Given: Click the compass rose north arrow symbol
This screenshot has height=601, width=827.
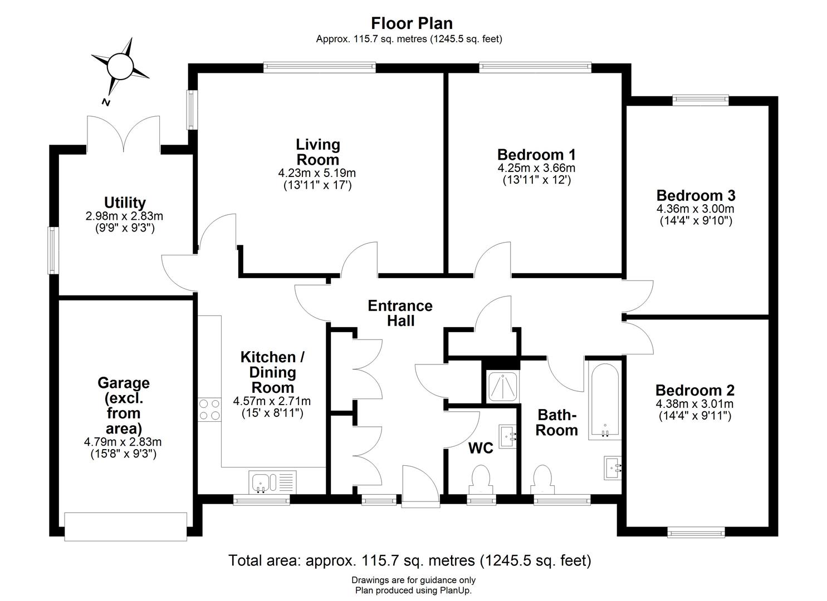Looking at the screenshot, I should pyautogui.click(x=120, y=67).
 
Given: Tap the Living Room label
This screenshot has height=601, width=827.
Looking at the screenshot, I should pyautogui.click(x=317, y=152).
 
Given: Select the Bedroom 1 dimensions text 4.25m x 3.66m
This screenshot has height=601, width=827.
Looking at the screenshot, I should pyautogui.click(x=536, y=168).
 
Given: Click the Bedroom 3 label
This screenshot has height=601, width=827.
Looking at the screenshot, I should pyautogui.click(x=696, y=195).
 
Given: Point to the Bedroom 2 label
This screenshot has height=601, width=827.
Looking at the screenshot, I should pyautogui.click(x=694, y=390).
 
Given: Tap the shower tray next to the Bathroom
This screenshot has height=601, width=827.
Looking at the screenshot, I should pyautogui.click(x=502, y=385).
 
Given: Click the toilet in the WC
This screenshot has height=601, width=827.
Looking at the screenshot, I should pyautogui.click(x=481, y=480).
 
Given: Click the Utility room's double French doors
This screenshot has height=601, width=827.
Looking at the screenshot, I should pyautogui.click(x=124, y=134).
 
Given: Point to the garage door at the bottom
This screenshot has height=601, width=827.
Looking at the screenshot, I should pyautogui.click(x=126, y=526).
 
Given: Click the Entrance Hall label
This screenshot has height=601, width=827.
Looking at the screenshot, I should pyautogui.click(x=400, y=313).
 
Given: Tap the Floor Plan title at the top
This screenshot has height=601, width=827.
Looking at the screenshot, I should pyautogui.click(x=412, y=23).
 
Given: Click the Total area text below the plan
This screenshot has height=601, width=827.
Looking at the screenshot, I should pyautogui.click(x=409, y=560).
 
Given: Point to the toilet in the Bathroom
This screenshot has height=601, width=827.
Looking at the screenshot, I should pyautogui.click(x=542, y=480).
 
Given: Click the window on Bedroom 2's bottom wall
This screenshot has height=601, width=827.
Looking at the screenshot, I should pyautogui.click(x=697, y=533).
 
